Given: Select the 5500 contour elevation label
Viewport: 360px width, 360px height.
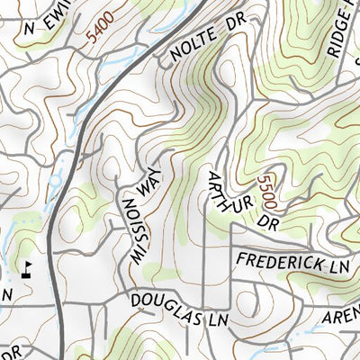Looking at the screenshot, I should click(266, 192).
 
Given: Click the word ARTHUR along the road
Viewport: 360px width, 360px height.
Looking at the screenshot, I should click(222, 192).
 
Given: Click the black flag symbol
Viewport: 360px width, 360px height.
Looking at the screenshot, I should click(28, 267).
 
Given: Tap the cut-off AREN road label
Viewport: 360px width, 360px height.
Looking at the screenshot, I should click(342, 315).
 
